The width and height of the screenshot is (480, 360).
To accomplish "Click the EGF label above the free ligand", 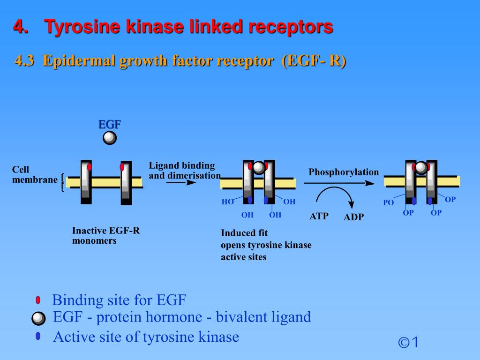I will coord(110,124).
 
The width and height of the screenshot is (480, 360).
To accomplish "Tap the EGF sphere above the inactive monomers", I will coord(110,138).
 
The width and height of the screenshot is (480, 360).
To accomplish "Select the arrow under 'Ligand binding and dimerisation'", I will coord(181,182).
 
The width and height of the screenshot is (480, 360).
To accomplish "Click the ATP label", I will coord(319,216).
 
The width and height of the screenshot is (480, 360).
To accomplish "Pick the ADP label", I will coord(353,217).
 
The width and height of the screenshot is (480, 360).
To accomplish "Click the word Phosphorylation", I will coord(343,172).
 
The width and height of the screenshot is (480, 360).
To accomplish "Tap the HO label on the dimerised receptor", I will coord(227,202).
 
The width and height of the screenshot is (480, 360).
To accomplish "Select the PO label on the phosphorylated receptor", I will coord(388,203).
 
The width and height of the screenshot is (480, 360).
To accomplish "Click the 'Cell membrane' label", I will coord(35,174).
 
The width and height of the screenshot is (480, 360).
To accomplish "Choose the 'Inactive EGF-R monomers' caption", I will coord(106,235).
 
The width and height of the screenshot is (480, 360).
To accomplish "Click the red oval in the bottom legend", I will coord(38,300).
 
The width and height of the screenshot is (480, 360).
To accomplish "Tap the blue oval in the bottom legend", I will coord(38,336).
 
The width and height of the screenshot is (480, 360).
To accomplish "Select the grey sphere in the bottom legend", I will coord(38,319).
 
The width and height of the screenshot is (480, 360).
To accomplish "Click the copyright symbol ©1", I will coord(408,343).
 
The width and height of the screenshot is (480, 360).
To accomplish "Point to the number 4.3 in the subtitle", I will coord(24,61).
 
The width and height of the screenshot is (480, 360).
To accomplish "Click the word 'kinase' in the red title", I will coord(157,27).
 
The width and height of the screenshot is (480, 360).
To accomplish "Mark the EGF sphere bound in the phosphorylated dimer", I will coord(421,167).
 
